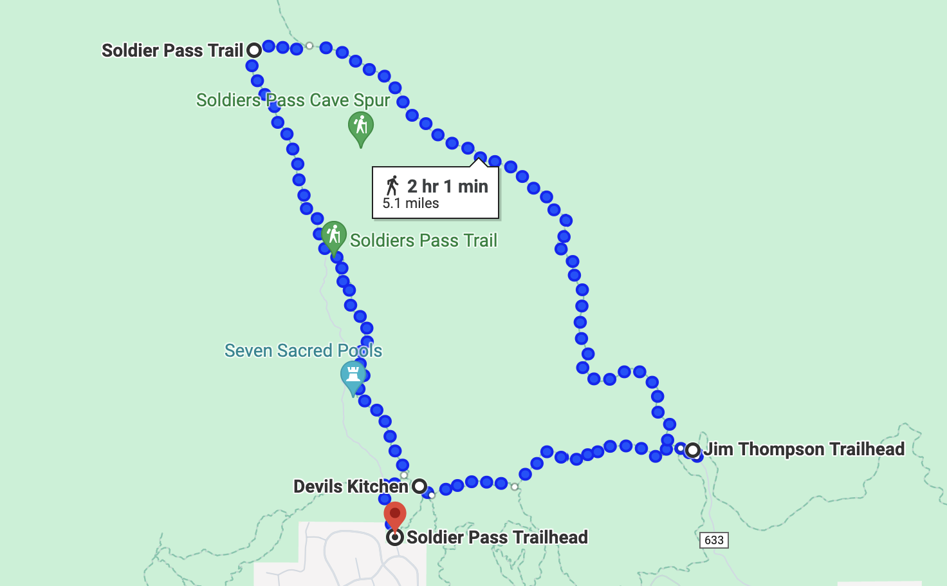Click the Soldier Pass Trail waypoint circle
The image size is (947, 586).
pos(254,50)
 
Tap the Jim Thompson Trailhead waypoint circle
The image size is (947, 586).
pos(693,450)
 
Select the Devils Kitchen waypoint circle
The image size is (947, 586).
pos(419,486)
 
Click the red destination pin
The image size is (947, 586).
pos(395,515)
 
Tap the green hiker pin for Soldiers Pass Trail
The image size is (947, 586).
pos(334,236)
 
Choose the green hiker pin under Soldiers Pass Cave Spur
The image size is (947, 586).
pos(361,127)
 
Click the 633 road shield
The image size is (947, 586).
pos(714,540)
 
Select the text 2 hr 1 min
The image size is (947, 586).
pos(447,186)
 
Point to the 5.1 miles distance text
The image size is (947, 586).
pos(410,203)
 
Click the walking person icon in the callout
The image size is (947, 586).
pos(392,185)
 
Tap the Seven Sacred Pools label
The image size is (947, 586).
pos(303,351)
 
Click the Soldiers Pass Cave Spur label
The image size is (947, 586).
pos(293,100)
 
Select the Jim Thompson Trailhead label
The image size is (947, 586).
pos(804,449)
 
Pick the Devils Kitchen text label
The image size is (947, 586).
pos(351,486)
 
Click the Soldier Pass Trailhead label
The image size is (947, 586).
pos(497,537)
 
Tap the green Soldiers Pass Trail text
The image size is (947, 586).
pos(423,241)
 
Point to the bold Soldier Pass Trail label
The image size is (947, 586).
pos(172,50)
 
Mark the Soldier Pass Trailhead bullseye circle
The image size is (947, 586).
pos(395,537)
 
